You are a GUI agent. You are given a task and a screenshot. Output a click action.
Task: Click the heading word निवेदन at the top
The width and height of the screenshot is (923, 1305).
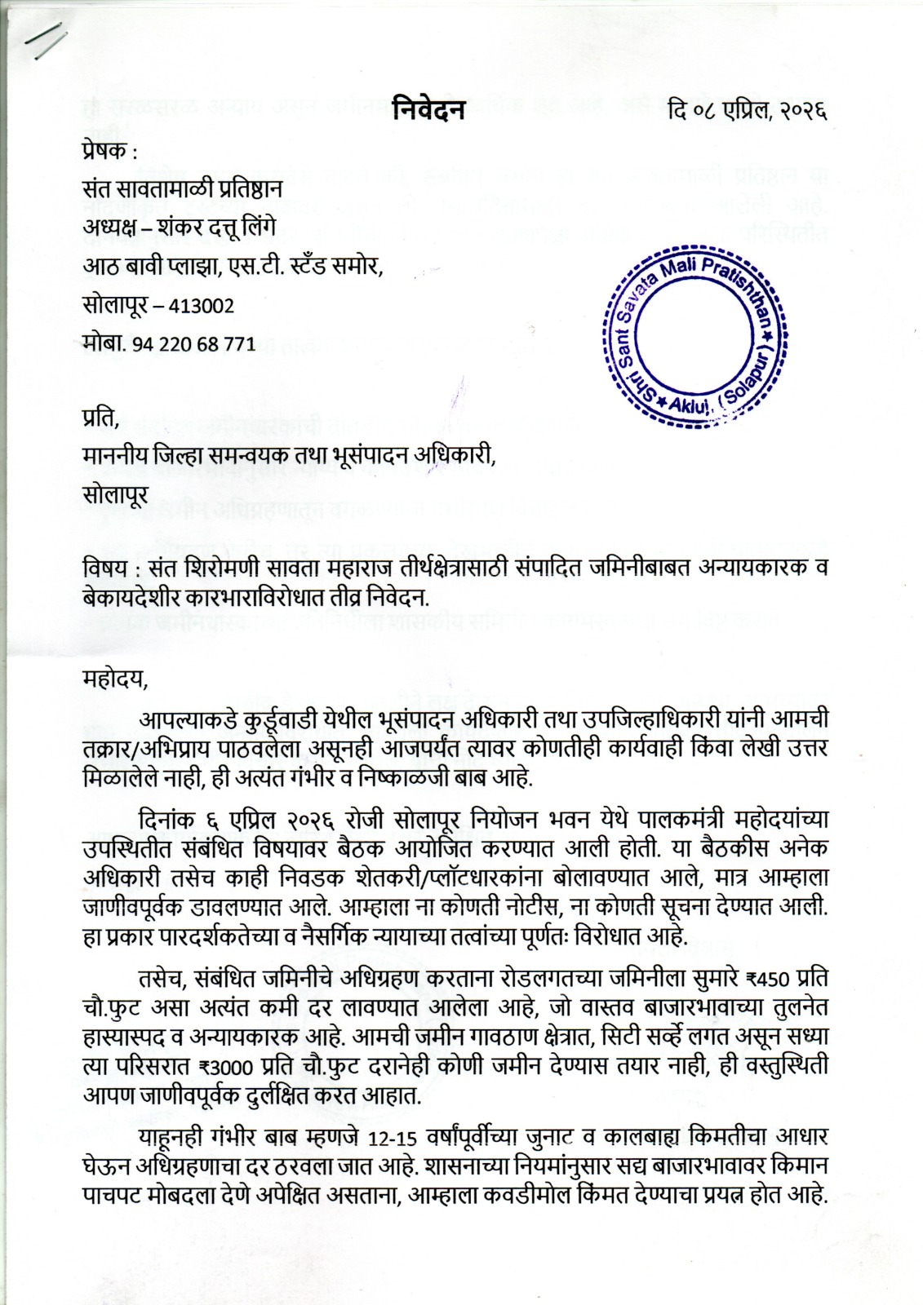pyautogui.click(x=428, y=108)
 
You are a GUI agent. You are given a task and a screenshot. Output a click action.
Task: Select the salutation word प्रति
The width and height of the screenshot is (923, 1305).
pyautogui.click(x=100, y=421)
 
